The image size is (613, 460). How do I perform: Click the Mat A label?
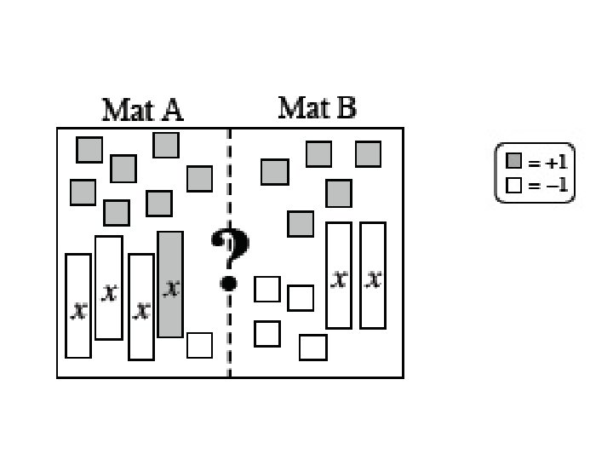(142, 110)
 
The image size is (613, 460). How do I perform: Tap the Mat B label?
(317, 108)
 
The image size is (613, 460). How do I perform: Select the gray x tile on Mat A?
(170, 285)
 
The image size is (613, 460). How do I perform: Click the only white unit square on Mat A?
(199, 345)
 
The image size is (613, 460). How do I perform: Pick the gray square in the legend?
(513, 161)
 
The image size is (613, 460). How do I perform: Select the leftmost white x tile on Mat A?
(78, 306)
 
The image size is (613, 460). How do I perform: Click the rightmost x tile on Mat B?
(373, 275)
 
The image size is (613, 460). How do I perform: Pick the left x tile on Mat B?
(339, 275)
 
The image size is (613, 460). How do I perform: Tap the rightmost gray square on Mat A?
(199, 179)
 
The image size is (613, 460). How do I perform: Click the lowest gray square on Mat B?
(301, 224)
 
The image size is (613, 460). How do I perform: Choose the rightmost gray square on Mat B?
(368, 154)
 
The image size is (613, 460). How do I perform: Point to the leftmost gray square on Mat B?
(275, 172)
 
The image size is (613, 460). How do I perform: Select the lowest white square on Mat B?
(312, 348)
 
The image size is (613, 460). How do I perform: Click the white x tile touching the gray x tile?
(141, 307)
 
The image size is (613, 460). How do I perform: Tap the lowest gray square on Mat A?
(117, 213)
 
